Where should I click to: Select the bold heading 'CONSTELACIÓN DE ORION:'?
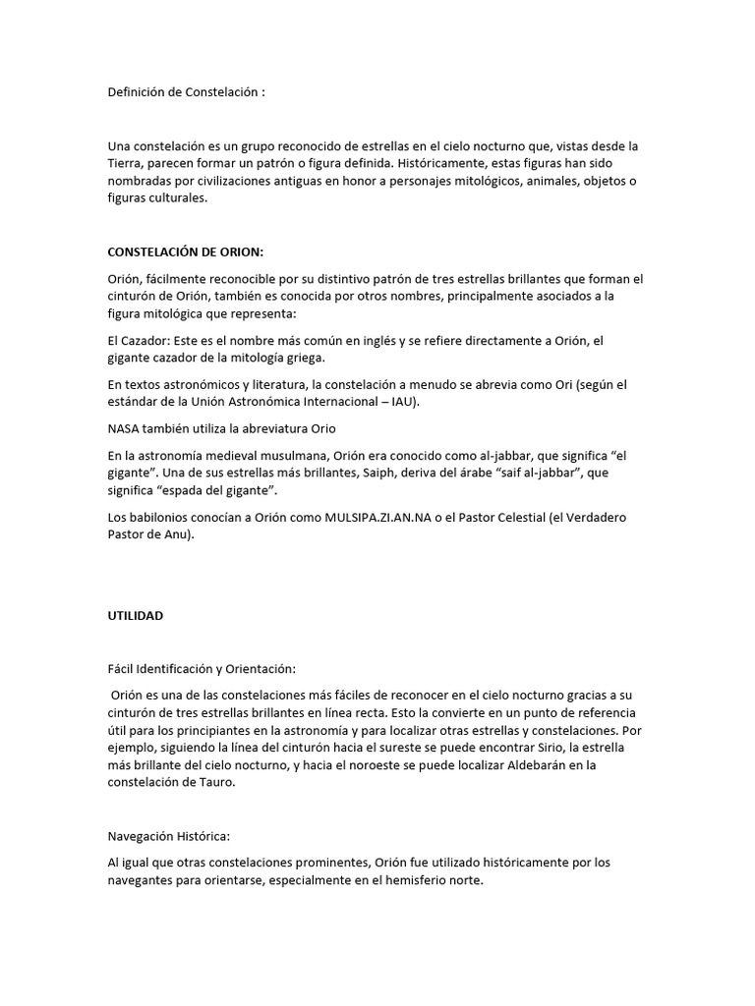click(186, 252)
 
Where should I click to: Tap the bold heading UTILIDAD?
click(136, 616)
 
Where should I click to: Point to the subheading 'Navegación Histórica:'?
click(168, 836)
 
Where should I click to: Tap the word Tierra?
click(127, 162)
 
